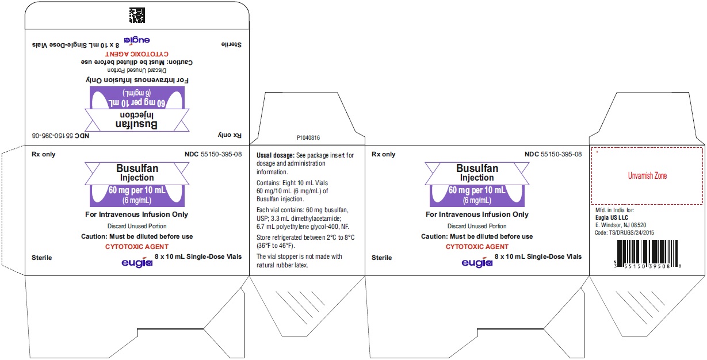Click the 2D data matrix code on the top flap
coord(137,15)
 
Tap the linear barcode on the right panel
coord(647,254)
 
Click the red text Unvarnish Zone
coord(647,176)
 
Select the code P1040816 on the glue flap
coord(308,137)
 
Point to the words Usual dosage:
coord(275,155)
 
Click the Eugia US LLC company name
coord(612,218)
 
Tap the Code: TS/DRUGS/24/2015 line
coord(624,233)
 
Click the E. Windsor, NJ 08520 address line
coord(621,225)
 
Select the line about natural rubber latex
coord(299,261)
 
